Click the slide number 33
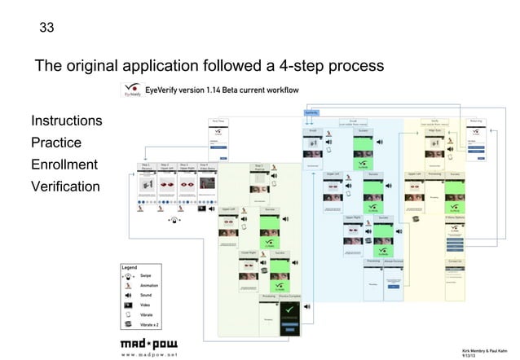(47, 29)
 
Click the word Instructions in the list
(67, 121)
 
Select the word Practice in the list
(57, 143)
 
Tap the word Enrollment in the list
(64, 165)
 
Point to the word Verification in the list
(65, 187)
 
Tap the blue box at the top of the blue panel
(311, 112)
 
